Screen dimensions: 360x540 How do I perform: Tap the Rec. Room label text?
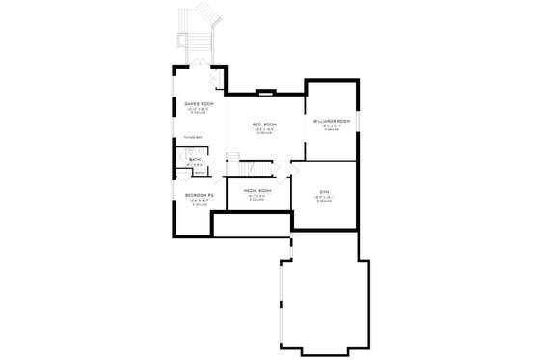point(265,125)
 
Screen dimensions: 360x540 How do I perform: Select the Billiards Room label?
point(331,121)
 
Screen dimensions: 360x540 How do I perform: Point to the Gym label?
point(324,192)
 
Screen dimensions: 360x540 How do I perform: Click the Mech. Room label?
point(256,190)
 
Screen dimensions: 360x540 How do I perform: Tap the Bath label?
point(195,160)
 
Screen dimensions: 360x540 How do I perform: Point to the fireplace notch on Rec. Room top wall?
point(266,94)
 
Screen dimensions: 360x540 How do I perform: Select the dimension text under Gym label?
point(324,199)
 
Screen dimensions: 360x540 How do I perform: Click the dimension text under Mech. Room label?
point(256,196)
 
